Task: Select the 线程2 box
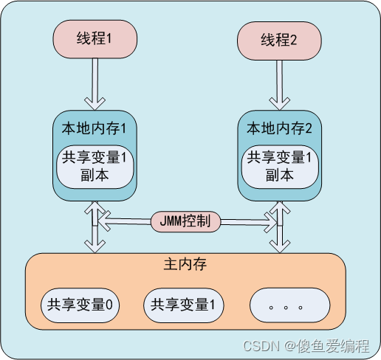coord(278,39)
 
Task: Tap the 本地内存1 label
coord(94,128)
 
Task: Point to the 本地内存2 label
coord(279,128)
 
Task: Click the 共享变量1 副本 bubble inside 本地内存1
coord(94,166)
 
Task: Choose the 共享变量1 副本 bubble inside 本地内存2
coord(279,166)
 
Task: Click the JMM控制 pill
coord(185,221)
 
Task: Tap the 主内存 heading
coord(185,263)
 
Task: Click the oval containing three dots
coord(288,305)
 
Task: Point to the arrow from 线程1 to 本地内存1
coord(94,83)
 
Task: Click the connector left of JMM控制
coord(127,221)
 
